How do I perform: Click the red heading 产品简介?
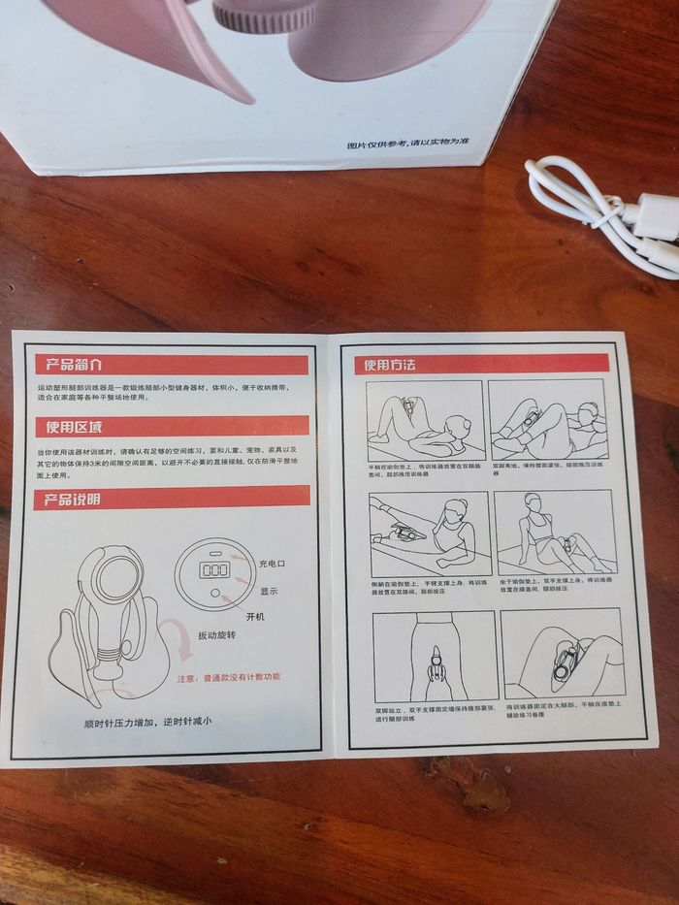pos(69,365)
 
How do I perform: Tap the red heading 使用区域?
pos(69,428)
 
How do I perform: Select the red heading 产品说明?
pos(67,501)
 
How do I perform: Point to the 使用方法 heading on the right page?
pos(390,365)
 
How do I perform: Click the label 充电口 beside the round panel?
pos(273,564)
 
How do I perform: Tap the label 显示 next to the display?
pos(268,590)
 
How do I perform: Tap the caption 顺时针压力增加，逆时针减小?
pos(146,722)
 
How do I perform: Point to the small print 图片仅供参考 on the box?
pos(408,144)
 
